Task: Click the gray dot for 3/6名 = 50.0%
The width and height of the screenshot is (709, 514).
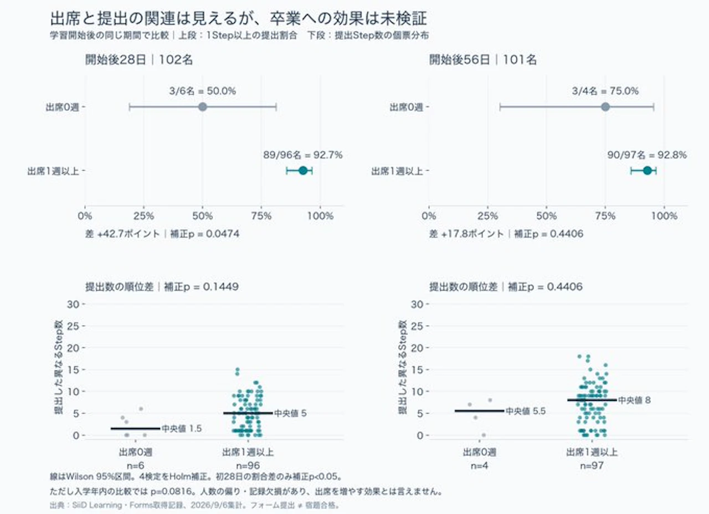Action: (203, 107)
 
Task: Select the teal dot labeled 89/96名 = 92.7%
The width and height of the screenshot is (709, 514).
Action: (303, 171)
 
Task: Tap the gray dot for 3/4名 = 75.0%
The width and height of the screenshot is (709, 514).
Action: (605, 107)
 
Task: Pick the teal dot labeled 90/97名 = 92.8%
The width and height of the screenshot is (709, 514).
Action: (648, 171)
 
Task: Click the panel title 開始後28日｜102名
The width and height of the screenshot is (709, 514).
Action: (139, 60)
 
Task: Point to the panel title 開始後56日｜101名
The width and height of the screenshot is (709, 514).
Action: (483, 60)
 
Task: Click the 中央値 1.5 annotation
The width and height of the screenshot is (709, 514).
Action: (182, 429)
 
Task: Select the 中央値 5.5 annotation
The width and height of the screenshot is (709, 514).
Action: (526, 411)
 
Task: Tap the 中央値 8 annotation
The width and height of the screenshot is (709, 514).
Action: (635, 400)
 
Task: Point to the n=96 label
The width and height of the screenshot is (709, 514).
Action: (248, 466)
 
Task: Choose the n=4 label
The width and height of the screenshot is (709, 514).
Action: (480, 466)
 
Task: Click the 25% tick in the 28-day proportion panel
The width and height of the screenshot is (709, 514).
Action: (143, 216)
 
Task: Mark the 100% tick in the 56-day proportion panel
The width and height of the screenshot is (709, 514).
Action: (664, 216)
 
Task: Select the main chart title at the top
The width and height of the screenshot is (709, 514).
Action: (239, 18)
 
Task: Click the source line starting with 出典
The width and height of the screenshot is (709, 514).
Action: (194, 505)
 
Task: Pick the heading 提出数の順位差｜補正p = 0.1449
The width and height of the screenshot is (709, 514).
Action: (162, 287)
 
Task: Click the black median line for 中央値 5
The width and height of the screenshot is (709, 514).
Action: (248, 413)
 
